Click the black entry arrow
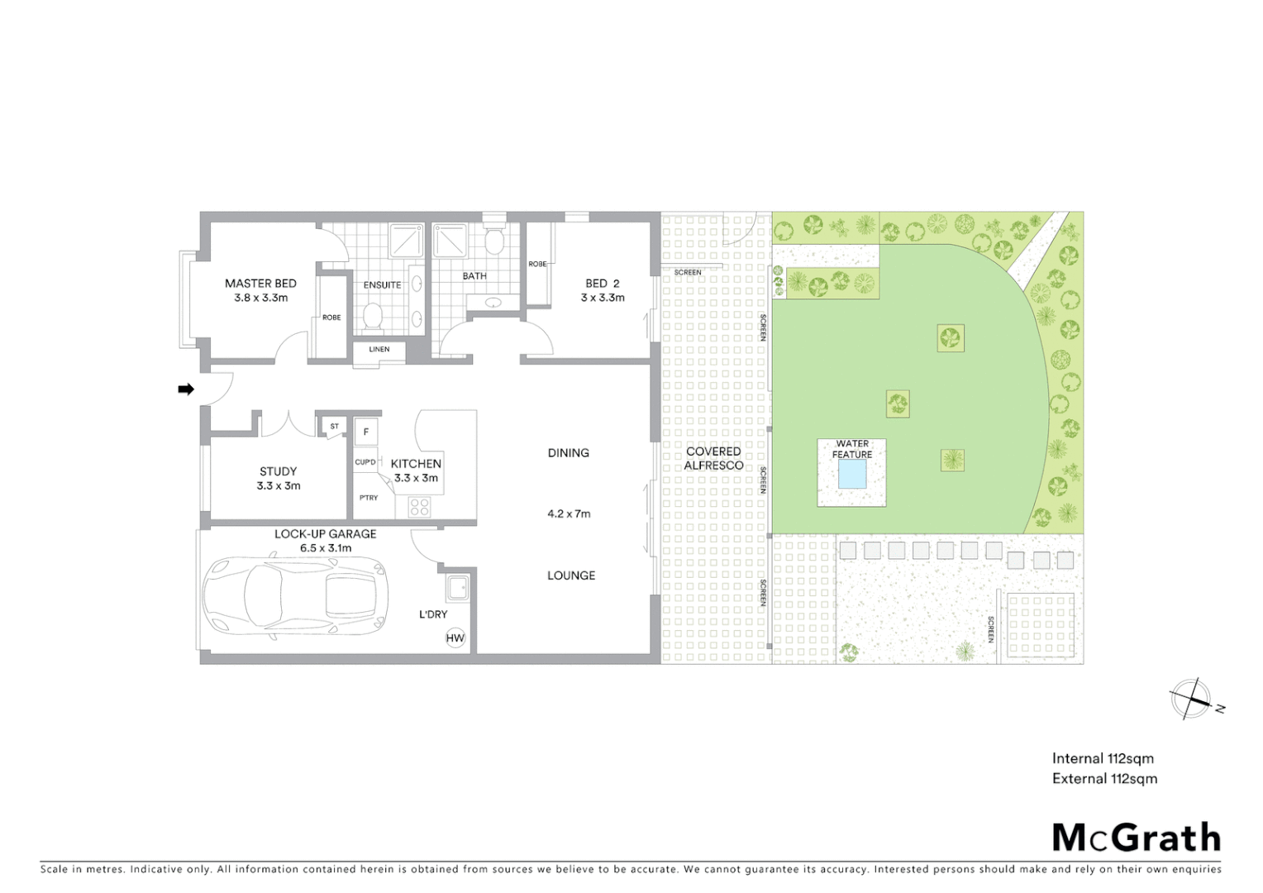click(x=186, y=389)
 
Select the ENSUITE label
click(x=382, y=285)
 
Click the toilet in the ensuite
click(x=373, y=316)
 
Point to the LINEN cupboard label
click(x=379, y=350)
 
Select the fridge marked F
click(x=366, y=432)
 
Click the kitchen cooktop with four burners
click(x=419, y=506)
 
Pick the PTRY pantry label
click(x=369, y=498)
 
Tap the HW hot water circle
click(x=455, y=638)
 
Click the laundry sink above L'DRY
click(x=456, y=589)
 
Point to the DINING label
click(x=568, y=453)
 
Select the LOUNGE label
click(x=571, y=575)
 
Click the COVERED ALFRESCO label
click(x=713, y=458)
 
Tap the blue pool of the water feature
click(x=852, y=475)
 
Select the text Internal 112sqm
click(x=1103, y=759)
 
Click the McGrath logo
click(x=1137, y=838)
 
